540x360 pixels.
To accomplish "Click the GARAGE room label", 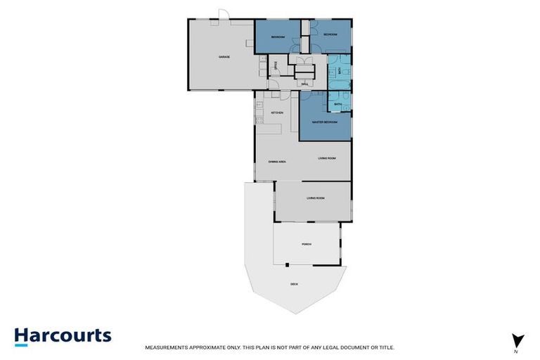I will tap(224, 57).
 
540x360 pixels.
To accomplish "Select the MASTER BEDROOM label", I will tap(324, 122).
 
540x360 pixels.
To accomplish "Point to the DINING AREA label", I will tap(277, 162).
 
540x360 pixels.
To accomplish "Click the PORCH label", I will tap(307, 244).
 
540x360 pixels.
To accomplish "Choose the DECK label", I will tap(294, 284).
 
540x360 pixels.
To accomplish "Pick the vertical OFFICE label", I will tap(276, 67).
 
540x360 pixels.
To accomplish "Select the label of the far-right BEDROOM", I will tap(330, 34).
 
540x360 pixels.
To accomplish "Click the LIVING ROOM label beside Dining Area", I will tap(327, 158).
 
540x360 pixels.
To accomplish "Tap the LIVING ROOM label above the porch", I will tap(316, 198).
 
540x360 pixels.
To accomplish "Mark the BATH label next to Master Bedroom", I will tap(338, 105).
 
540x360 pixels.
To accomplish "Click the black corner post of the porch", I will tap(287, 264).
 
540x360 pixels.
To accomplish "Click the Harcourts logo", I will tap(63, 335).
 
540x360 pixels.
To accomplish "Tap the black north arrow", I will tap(517, 339).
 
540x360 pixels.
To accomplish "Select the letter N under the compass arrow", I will tap(517, 350).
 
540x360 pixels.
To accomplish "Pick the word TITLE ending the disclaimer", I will tap(385, 347).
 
